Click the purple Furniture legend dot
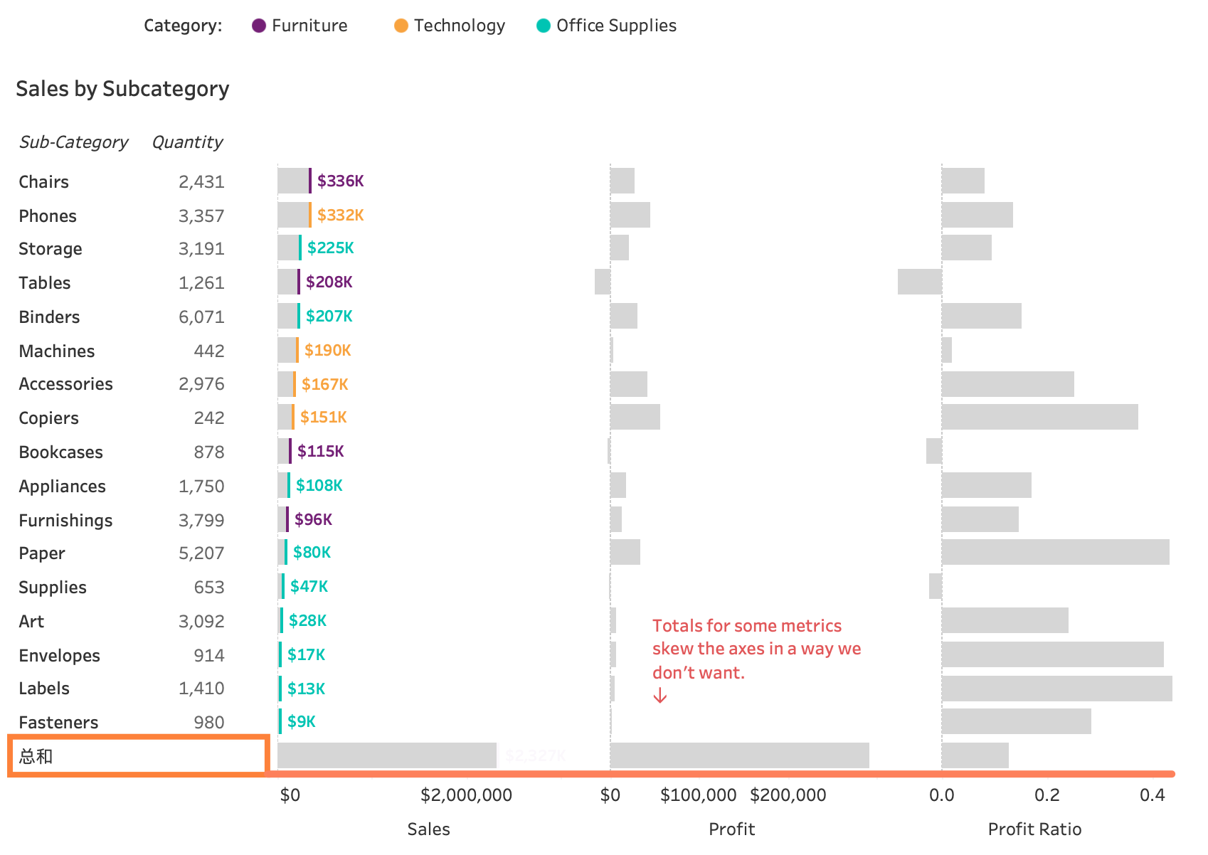coord(259,26)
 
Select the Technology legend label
coord(459,26)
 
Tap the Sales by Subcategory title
coord(122,89)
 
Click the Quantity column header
coord(187,142)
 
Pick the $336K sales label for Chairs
coord(340,181)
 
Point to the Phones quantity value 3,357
coord(201,216)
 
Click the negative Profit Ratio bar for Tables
coord(919,282)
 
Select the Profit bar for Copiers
coord(635,417)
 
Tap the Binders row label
coord(49,317)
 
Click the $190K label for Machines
coord(327,350)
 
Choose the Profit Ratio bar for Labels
coord(1056,689)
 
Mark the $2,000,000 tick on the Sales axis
coord(466,795)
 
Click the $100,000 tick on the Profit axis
coord(698,795)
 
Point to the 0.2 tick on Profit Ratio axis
coord(1047,795)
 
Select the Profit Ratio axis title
coord(1034,829)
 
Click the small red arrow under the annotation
coord(660,696)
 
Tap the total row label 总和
coord(36,756)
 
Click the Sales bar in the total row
coord(387,755)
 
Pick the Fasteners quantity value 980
coord(208,722)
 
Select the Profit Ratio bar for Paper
coord(1055,552)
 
